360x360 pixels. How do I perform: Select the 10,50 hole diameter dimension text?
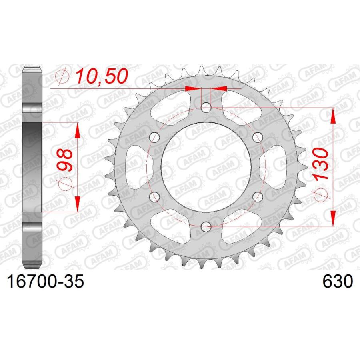tap(101, 76)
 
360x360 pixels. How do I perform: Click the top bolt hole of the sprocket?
tap(206, 107)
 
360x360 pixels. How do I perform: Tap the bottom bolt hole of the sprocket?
tap(206, 227)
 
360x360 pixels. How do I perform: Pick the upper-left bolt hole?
tap(154, 137)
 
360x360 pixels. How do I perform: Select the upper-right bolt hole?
tap(258, 137)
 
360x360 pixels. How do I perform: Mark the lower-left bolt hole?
tap(154, 197)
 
